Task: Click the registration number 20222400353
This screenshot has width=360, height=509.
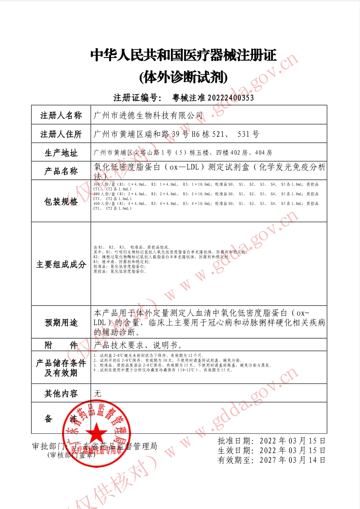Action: click(230, 98)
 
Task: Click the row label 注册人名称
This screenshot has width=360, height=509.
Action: click(61, 115)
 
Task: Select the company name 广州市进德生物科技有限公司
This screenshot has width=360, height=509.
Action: click(148, 115)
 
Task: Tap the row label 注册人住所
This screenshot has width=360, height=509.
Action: click(61, 134)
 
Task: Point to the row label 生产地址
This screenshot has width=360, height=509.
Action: click(61, 152)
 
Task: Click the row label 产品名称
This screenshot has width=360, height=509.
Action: click(61, 171)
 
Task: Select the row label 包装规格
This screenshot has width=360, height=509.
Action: click(61, 202)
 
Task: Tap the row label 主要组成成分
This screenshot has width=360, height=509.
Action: click(61, 265)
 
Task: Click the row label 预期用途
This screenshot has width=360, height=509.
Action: click(61, 322)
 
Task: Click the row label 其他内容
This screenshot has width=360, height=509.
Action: click(61, 394)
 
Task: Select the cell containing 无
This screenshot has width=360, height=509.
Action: click(97, 394)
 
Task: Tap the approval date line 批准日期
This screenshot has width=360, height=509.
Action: click(272, 440)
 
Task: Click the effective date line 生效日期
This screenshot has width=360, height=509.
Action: click(272, 450)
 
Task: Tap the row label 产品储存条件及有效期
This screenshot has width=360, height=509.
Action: click(61, 368)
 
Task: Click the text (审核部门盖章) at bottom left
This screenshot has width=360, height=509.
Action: click(71, 455)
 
